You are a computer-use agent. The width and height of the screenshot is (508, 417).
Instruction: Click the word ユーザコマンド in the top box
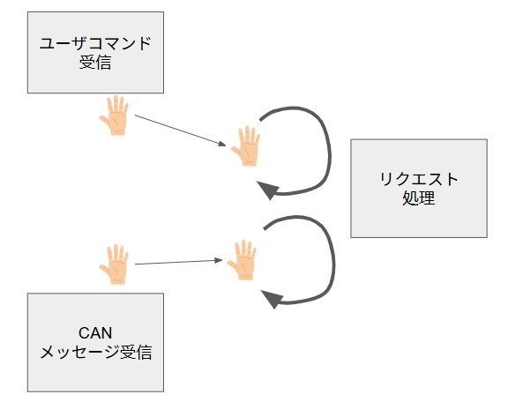[x=95, y=43]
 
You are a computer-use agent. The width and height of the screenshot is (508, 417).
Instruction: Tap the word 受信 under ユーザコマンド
[x=95, y=63]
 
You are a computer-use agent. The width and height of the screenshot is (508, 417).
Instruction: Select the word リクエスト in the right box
[x=419, y=179]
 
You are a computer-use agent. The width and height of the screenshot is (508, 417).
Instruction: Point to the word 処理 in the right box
[x=419, y=198]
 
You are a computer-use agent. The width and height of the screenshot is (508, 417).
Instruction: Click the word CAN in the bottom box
[x=95, y=333]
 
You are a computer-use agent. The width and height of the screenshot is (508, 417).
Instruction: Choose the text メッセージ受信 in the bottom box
[x=95, y=353]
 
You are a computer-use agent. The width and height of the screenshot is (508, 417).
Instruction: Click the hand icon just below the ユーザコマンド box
[x=114, y=115]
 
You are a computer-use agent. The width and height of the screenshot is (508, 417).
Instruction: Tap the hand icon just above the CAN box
[x=114, y=264]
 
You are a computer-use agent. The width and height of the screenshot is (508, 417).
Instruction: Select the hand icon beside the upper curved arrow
[x=245, y=146]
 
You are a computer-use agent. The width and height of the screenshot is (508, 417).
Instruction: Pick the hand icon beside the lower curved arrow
[x=242, y=260]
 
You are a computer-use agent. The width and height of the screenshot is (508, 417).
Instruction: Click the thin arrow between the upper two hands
[x=181, y=130]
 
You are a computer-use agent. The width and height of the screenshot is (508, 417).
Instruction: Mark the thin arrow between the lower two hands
[x=178, y=262]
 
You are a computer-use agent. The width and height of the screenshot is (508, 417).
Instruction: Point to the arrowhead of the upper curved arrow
[x=267, y=190]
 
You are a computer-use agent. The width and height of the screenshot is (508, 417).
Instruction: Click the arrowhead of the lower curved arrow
[x=272, y=299]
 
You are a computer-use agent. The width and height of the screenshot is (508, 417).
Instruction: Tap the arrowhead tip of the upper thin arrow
[x=226, y=145]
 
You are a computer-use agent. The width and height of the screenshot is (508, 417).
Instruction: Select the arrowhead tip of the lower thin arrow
[x=222, y=260]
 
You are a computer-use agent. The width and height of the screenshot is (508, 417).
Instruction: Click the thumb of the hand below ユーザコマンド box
[x=105, y=121]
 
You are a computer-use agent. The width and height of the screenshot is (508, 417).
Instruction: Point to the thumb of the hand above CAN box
[x=105, y=270]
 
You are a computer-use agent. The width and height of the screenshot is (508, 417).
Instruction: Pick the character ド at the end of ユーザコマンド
[x=144, y=43]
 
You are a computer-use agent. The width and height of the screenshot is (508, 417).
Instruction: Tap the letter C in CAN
[x=84, y=333]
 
